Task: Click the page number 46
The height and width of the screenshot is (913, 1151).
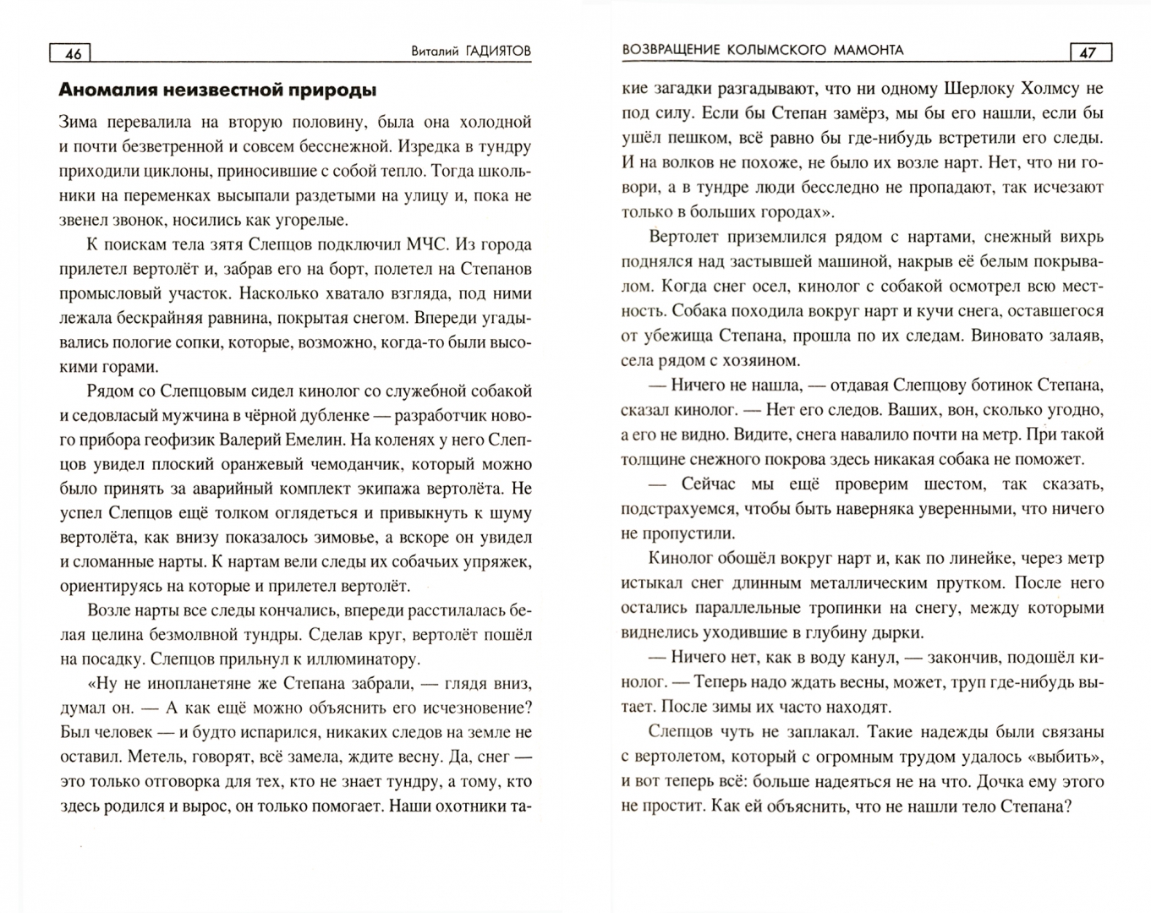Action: coord(74,53)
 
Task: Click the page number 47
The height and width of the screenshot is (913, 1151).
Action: coord(1088,52)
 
